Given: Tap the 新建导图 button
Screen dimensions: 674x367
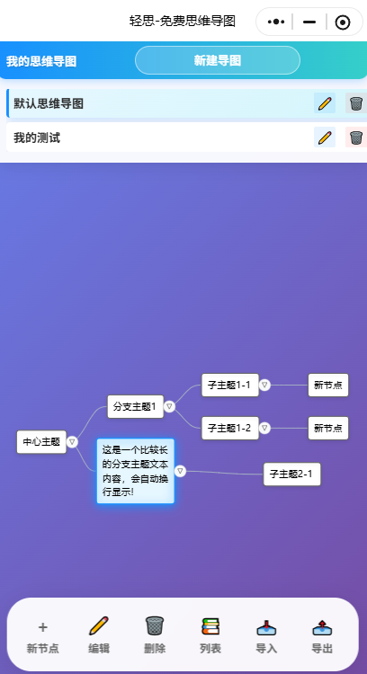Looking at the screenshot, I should click(x=217, y=60).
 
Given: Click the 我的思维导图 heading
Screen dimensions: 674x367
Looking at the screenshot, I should click(x=41, y=61).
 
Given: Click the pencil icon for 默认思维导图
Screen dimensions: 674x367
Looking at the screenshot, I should click(x=325, y=103).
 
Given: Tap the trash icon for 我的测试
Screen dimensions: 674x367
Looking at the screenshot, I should click(x=356, y=137).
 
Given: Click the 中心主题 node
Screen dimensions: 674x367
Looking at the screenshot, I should click(x=41, y=441).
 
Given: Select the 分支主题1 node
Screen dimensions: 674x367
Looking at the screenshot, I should click(x=135, y=406).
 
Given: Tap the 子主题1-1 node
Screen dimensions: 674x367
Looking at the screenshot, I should click(x=228, y=385).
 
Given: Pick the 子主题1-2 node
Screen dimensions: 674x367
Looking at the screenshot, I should click(x=228, y=428).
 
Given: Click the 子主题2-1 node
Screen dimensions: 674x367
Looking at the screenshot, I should click(x=291, y=474).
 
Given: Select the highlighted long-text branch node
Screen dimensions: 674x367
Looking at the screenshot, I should click(x=135, y=471).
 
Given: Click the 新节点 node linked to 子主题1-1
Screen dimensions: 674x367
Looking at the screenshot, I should click(x=327, y=385).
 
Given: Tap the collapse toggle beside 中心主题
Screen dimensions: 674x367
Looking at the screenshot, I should click(x=73, y=441).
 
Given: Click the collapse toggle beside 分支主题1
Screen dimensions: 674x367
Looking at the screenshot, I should click(x=169, y=406).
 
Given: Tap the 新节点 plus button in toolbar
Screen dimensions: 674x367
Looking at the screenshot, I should click(x=42, y=634).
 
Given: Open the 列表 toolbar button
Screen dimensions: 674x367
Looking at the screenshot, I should click(x=210, y=634).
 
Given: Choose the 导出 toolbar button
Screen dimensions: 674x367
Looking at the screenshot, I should click(x=322, y=634).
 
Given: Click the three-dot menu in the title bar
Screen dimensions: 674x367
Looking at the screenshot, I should click(x=276, y=22).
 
